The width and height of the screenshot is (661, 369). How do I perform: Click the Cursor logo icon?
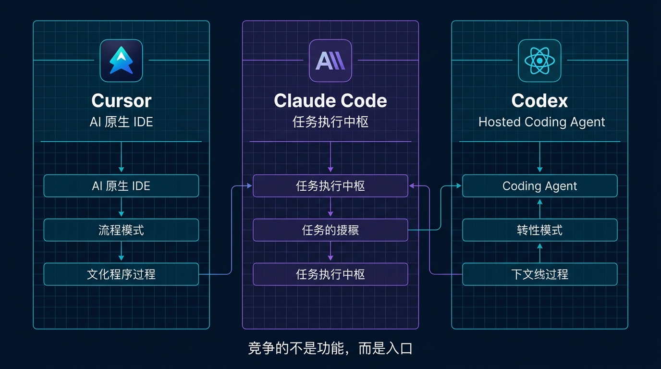[x=121, y=61]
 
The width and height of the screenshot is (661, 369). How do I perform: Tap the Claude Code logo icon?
[x=330, y=61]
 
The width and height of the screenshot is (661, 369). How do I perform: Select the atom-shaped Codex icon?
[x=539, y=61]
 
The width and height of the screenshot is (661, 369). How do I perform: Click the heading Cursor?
[x=121, y=101]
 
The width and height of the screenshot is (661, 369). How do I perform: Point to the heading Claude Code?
[x=330, y=101]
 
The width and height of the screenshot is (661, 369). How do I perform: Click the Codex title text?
[x=539, y=101]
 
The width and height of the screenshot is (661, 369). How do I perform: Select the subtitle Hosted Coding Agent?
[x=541, y=122]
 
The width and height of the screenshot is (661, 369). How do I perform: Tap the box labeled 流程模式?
[x=121, y=230]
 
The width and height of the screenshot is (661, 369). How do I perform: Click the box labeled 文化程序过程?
[x=121, y=274]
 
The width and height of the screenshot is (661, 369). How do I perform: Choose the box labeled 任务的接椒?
[x=330, y=230]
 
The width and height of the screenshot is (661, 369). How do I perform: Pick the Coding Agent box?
[x=539, y=186]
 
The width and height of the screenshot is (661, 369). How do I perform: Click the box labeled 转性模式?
[x=539, y=230]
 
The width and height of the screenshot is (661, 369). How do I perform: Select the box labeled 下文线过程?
[x=539, y=274]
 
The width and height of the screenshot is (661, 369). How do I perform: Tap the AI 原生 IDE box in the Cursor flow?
[x=121, y=186]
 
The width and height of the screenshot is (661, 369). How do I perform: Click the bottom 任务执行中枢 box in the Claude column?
[x=330, y=274]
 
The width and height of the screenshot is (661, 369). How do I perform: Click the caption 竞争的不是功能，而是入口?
[x=330, y=348]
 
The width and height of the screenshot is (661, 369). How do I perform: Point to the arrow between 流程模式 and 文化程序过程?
[x=121, y=252]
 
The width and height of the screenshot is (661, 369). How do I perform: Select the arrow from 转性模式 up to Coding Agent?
[x=539, y=208]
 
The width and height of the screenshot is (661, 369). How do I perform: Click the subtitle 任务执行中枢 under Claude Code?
[x=330, y=122]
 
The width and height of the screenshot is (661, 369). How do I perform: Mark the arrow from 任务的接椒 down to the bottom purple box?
[x=330, y=252]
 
